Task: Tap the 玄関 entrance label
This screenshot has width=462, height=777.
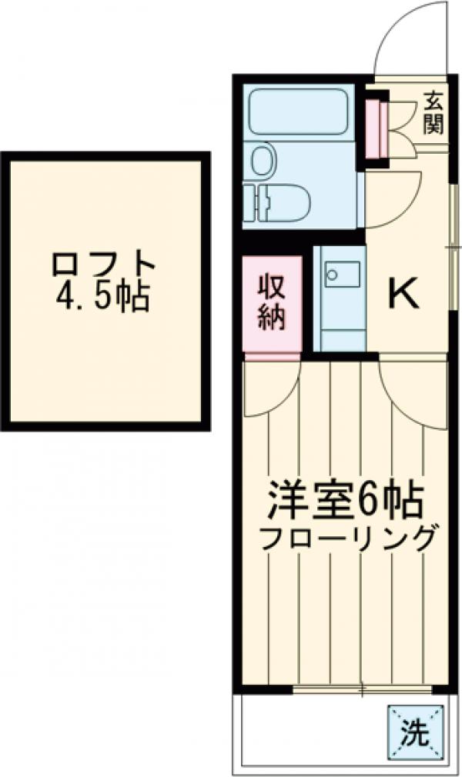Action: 434,112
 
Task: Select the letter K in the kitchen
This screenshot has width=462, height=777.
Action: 403,293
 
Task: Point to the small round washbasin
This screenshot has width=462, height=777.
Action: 262,159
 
